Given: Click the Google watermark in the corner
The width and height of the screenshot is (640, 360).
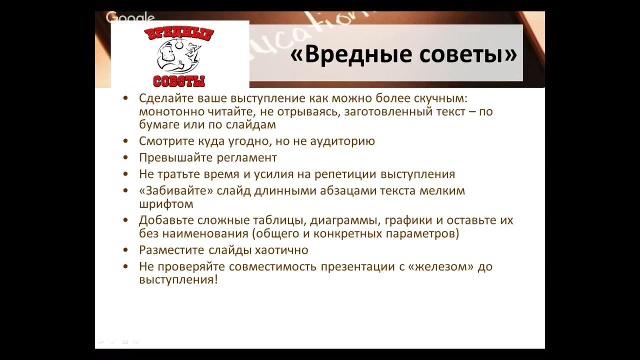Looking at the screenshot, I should point(130,18).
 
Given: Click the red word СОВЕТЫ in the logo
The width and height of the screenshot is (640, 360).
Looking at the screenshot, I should point(179,80).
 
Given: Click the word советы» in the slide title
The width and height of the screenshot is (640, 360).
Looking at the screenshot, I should point(467,54).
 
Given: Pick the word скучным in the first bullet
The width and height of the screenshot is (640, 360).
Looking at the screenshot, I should point(439,98).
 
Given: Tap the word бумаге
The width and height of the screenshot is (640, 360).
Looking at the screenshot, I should point(159,124).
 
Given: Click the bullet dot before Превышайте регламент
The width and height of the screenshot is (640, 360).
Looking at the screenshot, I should point(125,158).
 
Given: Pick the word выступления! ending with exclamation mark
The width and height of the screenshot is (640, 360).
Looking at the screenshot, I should point(178,279).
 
